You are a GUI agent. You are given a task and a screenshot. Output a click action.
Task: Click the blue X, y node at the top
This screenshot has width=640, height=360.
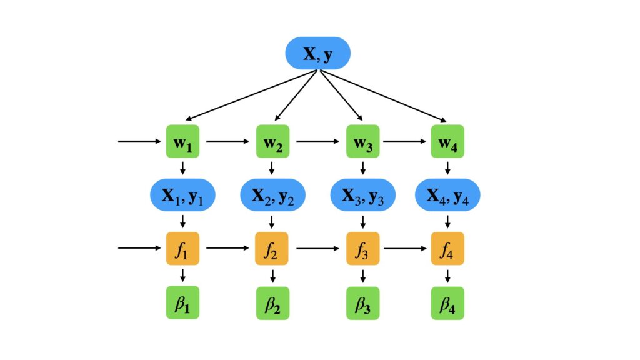point(317,54)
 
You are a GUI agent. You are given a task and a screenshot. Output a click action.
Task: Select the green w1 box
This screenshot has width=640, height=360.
point(182,141)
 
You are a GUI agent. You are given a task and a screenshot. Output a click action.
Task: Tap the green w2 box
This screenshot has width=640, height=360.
point(272,141)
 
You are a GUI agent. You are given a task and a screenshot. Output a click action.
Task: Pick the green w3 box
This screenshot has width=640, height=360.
point(362,141)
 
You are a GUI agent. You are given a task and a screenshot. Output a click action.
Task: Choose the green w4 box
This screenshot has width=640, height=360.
point(447,141)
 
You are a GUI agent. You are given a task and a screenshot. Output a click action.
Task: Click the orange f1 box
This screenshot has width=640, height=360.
point(182,248)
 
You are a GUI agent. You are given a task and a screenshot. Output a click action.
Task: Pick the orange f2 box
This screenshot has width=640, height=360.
point(272,248)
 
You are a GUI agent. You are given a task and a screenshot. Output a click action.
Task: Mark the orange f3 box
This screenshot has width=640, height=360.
point(362,248)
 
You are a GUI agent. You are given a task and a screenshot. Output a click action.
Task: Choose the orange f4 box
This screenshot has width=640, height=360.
point(447,248)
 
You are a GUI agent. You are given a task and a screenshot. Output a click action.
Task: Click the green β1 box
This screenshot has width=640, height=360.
point(182,302)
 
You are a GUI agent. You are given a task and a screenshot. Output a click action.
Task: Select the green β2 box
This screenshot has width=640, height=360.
point(272,303)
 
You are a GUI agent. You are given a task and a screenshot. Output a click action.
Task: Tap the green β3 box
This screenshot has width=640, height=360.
point(362,303)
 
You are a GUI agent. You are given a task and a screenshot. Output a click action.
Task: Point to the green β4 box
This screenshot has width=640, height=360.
point(447,303)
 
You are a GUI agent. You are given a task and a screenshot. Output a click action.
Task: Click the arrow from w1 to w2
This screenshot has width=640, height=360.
point(227,141)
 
